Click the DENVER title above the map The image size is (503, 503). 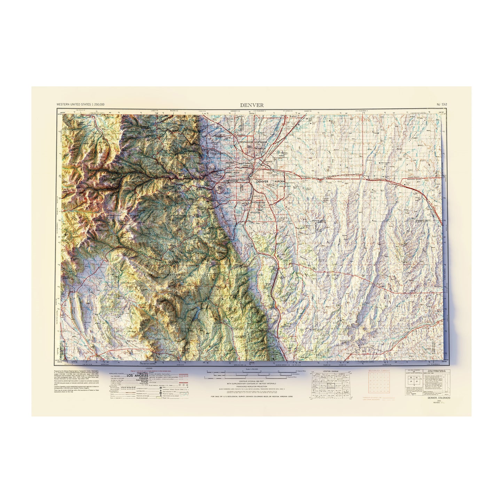click(251, 105)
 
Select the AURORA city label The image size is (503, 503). click(280, 182)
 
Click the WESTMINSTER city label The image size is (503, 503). click(247, 142)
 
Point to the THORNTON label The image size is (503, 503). click(260, 148)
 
